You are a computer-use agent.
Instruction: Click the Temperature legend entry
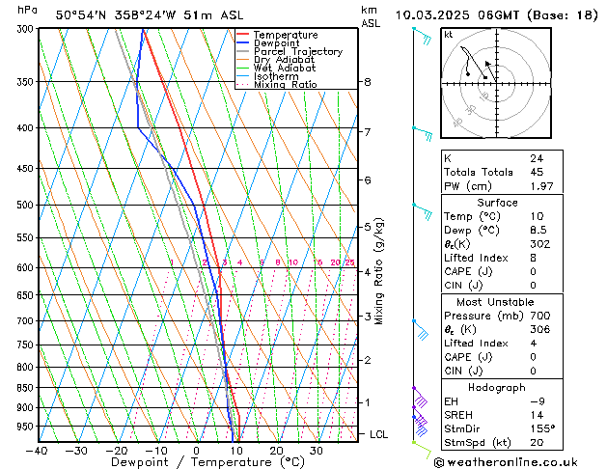[x=287, y=35]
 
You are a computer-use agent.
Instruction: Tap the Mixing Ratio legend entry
[x=285, y=85]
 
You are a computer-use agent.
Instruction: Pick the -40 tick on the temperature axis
[x=38, y=451]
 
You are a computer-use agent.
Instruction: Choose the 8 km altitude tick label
[x=368, y=82]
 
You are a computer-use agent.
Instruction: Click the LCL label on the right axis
[x=379, y=435]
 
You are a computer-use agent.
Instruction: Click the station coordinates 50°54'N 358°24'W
[x=115, y=14]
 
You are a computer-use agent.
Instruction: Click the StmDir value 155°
[x=541, y=428]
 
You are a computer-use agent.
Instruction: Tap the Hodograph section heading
[x=497, y=387]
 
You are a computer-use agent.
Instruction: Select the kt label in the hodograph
[x=448, y=35]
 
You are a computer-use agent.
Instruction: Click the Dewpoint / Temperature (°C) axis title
[x=197, y=463]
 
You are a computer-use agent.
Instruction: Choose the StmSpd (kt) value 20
[x=536, y=443]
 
